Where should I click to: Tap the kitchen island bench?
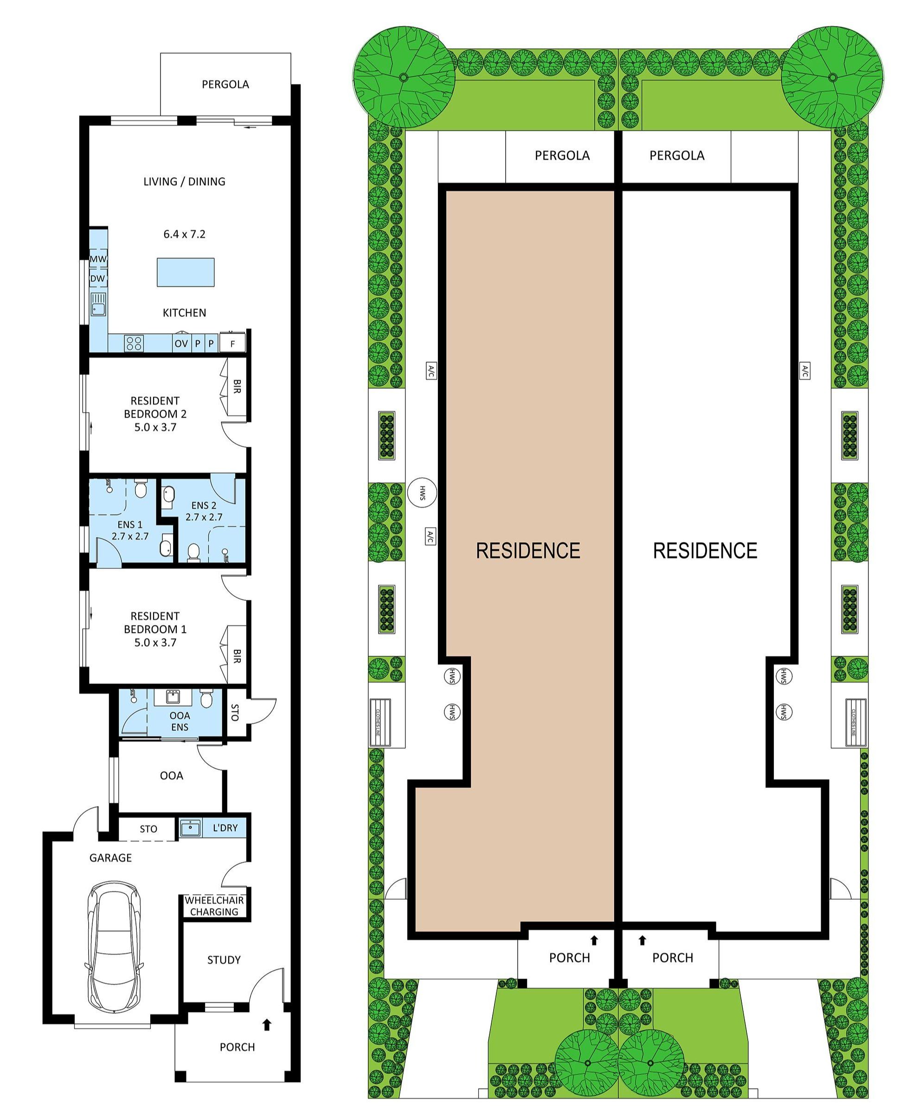tap(185, 272)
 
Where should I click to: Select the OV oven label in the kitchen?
tap(181, 343)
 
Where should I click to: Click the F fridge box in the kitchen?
tap(232, 343)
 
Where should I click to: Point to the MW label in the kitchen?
tap(98, 259)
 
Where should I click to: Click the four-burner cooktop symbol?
tap(134, 343)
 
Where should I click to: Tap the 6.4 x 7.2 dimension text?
tap(184, 234)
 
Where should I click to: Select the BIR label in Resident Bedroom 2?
tap(237, 387)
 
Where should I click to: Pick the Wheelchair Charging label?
tap(214, 906)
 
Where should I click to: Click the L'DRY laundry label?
tap(225, 827)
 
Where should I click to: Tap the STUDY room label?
tap(224, 960)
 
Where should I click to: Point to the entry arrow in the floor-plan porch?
tap(267, 1025)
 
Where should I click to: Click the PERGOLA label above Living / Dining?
tap(225, 84)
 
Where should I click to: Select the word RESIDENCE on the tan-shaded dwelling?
tap(528, 550)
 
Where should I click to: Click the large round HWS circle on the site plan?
tap(422, 493)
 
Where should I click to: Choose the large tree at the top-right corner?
tap(832, 77)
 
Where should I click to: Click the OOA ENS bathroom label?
tap(180, 721)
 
